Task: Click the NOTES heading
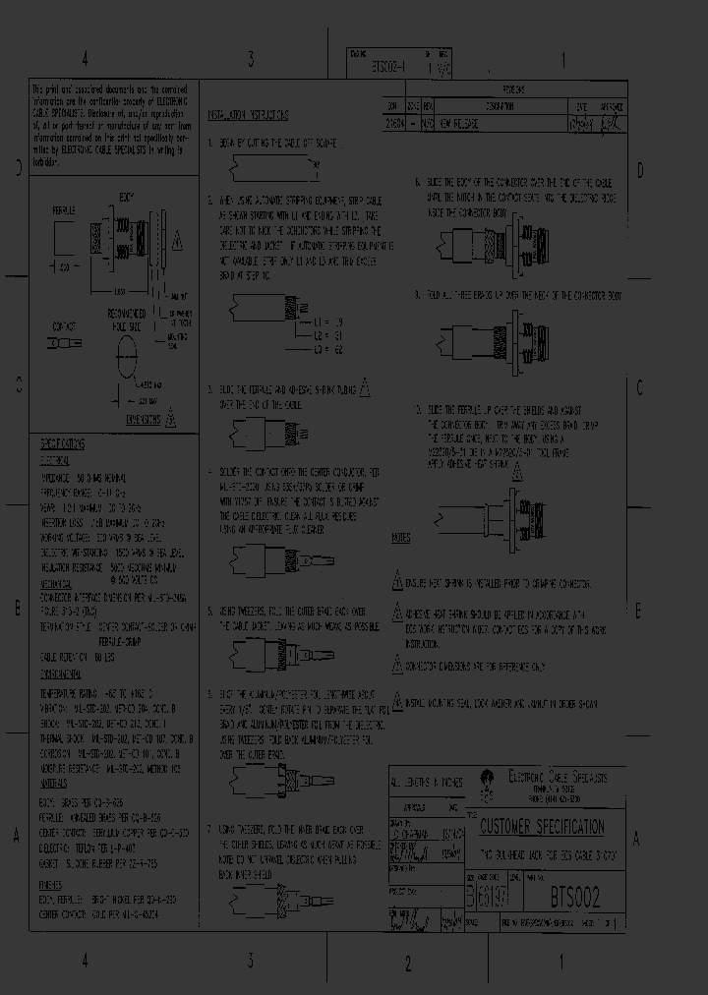tap(400, 539)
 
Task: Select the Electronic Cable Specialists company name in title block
tap(557, 776)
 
